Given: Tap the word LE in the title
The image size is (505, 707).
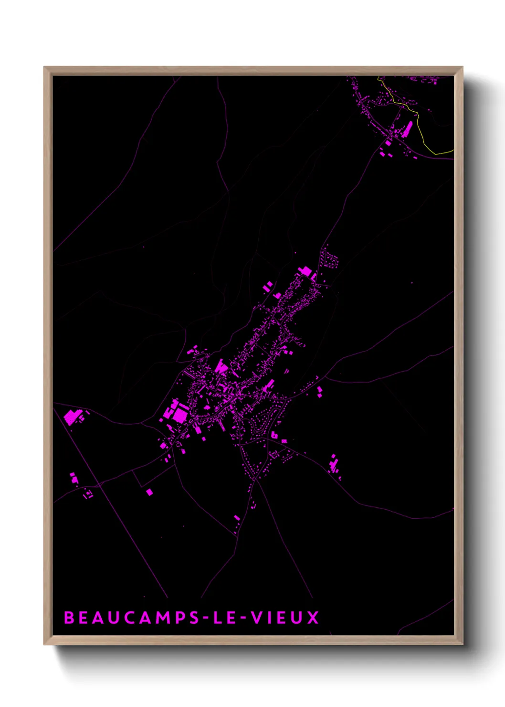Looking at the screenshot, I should (224, 618).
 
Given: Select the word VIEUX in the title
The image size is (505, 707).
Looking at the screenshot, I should (285, 618).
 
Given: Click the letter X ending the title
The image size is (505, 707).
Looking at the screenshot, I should (313, 618).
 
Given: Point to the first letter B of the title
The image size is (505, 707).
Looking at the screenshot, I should (69, 618).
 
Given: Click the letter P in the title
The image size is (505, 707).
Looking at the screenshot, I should (179, 618).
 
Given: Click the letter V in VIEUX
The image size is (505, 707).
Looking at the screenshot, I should (257, 618).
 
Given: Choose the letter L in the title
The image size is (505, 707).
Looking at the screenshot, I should (217, 618).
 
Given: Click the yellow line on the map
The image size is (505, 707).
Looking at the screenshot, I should (420, 129).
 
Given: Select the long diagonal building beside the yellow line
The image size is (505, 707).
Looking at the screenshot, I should (408, 129).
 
